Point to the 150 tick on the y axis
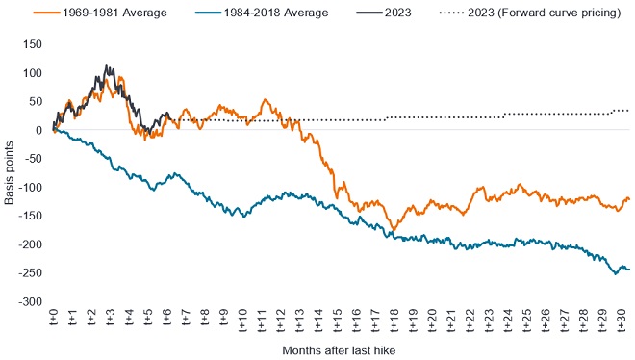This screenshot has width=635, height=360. [x=34, y=44]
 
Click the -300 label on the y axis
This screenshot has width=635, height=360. [x=32, y=301]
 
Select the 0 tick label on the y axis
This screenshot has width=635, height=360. [x=39, y=130]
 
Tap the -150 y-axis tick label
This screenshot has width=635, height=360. [x=32, y=216]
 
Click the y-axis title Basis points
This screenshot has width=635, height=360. [x=10, y=173]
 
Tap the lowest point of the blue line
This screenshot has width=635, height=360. [x=615, y=274]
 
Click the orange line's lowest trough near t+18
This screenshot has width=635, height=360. [x=394, y=230]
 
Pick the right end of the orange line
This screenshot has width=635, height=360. [x=629, y=199]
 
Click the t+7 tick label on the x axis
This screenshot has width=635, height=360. [x=185, y=319]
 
